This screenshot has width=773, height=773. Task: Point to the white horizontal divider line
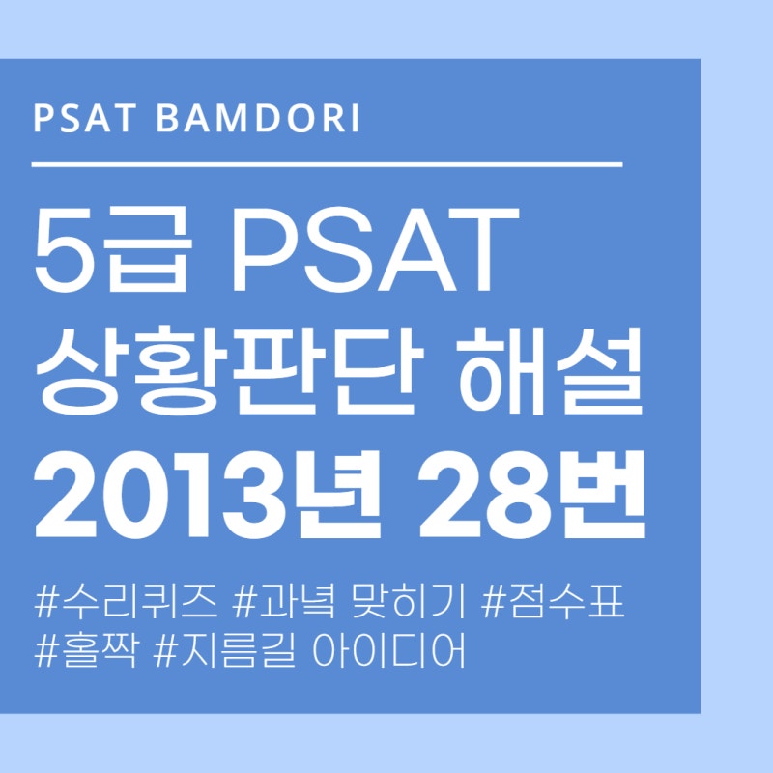[x=327, y=165]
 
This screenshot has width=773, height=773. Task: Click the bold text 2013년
[x=204, y=495]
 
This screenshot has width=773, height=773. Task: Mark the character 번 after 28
[x=609, y=495]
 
